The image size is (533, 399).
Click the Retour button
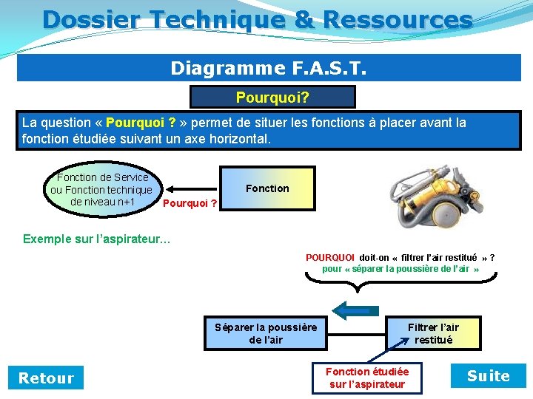(46, 378)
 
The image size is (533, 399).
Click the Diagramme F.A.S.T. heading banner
(268, 68)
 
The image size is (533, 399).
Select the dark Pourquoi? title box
(272, 98)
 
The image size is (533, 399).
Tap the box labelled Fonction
(267, 188)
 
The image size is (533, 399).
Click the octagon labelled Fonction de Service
(101, 190)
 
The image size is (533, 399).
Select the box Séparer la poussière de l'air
(266, 333)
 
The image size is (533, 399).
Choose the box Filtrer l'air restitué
(433, 333)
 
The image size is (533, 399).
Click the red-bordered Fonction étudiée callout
(367, 378)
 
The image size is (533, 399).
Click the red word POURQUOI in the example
(330, 258)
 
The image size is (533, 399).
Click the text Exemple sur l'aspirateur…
(96, 239)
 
